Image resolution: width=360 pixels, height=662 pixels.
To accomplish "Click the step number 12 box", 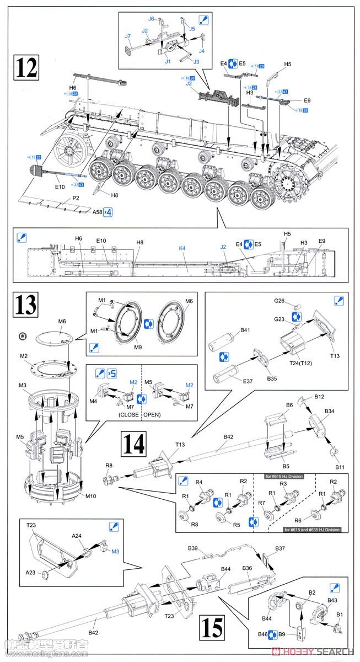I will coord(26,67).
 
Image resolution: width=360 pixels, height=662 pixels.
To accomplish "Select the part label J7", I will coord(127,36).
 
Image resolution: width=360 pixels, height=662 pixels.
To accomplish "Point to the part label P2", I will coord(76,197).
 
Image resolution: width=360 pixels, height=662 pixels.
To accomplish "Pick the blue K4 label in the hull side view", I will coord(182,248).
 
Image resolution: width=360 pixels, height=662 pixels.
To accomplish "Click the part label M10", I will coord(91,495).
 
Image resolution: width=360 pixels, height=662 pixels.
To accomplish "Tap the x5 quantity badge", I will coord(112,373).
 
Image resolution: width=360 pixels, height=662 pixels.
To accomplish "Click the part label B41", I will coord(245,330).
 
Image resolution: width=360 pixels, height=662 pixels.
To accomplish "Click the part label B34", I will coord(329,412).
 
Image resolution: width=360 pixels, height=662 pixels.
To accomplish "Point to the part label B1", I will coord(340,614).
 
